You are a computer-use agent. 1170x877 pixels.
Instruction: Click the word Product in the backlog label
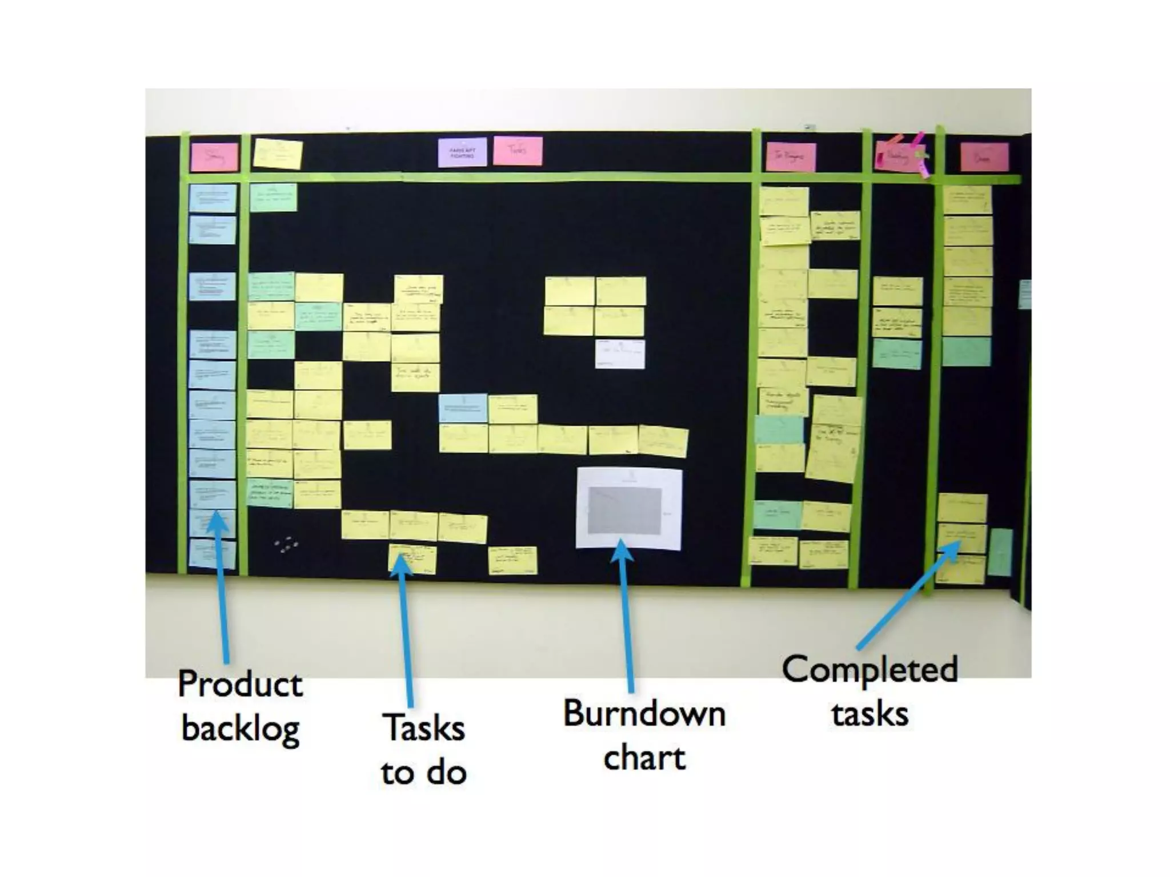pyautogui.click(x=240, y=683)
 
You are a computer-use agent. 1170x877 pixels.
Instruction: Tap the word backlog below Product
pyautogui.click(x=241, y=728)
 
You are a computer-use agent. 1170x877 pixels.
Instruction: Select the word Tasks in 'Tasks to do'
pyautogui.click(x=424, y=728)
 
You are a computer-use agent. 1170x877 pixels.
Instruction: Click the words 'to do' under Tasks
pyautogui.click(x=424, y=773)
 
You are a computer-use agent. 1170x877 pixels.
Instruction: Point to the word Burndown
pyautogui.click(x=644, y=714)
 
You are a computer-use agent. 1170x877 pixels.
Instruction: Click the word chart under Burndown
pyautogui.click(x=644, y=758)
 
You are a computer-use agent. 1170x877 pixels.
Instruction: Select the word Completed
pyautogui.click(x=870, y=669)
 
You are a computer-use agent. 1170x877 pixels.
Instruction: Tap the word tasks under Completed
pyautogui.click(x=870, y=714)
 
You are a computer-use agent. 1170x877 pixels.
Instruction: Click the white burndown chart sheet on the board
pyautogui.click(x=628, y=508)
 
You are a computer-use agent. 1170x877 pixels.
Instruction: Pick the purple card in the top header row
pyautogui.click(x=462, y=152)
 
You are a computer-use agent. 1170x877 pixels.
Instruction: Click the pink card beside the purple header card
pyautogui.click(x=518, y=151)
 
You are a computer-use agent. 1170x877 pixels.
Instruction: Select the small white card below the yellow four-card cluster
pyautogui.click(x=620, y=354)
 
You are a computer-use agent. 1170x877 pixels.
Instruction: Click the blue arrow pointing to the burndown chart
pyautogui.click(x=626, y=617)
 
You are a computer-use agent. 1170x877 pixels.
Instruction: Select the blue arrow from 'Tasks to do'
pyautogui.click(x=406, y=628)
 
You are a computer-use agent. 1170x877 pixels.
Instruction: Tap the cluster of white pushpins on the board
pyautogui.click(x=286, y=545)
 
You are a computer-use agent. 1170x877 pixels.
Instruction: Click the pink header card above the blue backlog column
pyautogui.click(x=214, y=157)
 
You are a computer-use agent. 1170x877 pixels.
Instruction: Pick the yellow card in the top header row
pyautogui.click(x=278, y=154)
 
